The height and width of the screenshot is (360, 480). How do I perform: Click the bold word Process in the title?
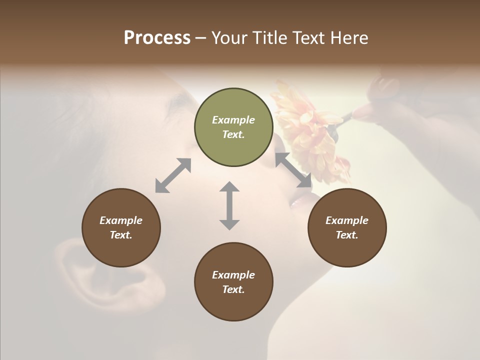pyautogui.click(x=157, y=38)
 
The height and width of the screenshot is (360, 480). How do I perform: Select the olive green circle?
pyautogui.click(x=233, y=127)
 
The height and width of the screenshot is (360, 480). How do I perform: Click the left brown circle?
pyautogui.click(x=121, y=227)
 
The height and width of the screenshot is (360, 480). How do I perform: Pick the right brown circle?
pyautogui.click(x=347, y=227)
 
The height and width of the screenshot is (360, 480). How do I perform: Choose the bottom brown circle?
pyautogui.click(x=233, y=282)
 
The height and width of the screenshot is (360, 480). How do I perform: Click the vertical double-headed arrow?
pyautogui.click(x=229, y=205)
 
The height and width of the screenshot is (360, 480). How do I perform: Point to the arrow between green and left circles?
pyautogui.click(x=173, y=175)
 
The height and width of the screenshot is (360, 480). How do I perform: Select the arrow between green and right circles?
pyautogui.click(x=293, y=170)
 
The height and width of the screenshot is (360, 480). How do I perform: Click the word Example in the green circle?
pyautogui.click(x=233, y=120)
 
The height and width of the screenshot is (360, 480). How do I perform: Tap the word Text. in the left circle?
pyautogui.click(x=121, y=235)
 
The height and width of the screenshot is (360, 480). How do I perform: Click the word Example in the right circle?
pyautogui.click(x=347, y=220)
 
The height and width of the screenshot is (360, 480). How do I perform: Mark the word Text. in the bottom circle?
pyautogui.click(x=233, y=289)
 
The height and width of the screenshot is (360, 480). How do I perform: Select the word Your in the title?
pyautogui.click(x=229, y=38)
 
